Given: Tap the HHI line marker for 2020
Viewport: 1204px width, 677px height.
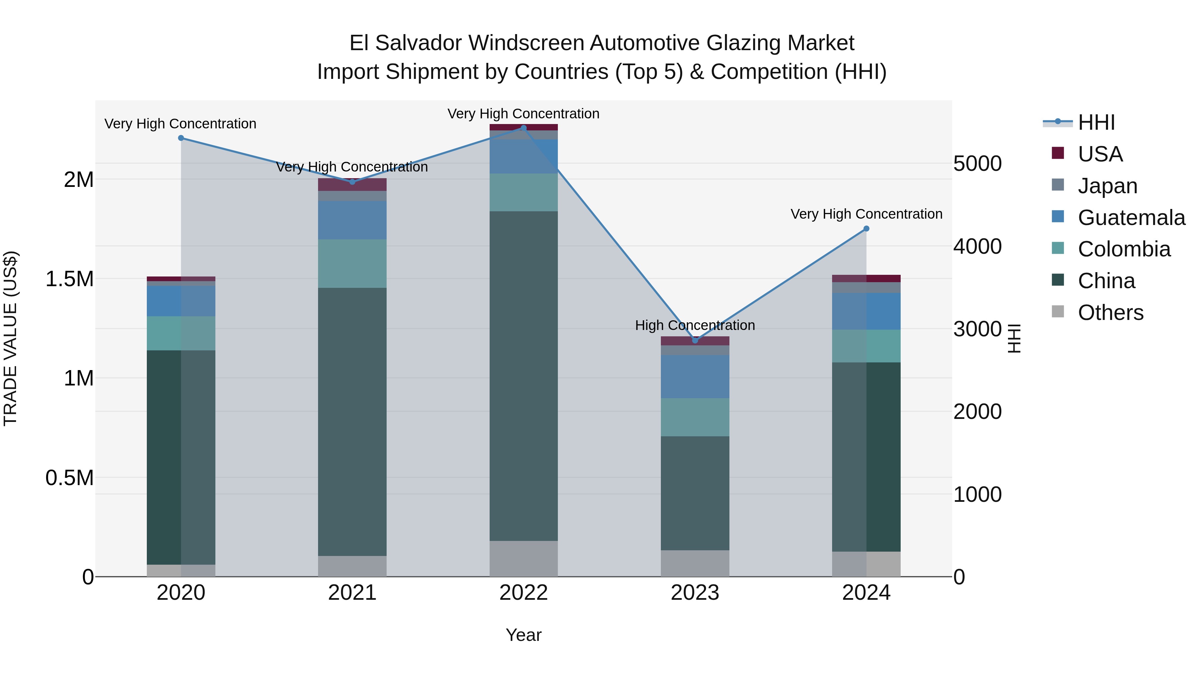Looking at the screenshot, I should pos(181,138).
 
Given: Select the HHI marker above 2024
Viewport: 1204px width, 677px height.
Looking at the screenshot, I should pos(866,228).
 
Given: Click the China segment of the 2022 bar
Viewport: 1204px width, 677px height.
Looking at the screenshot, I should pos(523,376).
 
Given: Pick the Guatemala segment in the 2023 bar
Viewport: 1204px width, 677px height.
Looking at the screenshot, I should pos(695,376).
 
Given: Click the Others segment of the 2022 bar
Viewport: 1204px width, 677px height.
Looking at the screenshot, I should pos(523,558).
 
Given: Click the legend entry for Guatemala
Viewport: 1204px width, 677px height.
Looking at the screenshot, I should pos(1131,218).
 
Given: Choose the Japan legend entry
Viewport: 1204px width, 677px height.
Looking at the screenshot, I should pos(1107,186).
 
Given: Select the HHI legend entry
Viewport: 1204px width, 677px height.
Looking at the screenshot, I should pos(1096,122).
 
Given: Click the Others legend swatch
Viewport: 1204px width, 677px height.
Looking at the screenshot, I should pos(1058,312).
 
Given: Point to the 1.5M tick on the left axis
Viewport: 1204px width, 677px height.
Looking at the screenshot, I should pos(70,279).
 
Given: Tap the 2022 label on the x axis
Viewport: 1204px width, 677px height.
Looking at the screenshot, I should pos(523,593).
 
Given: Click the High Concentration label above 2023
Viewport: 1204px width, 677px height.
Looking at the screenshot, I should pos(695,325).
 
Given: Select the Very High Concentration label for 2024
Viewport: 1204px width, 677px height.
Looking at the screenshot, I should pos(866,214).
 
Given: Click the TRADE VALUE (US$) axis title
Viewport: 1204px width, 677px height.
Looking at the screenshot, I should pos(10,338).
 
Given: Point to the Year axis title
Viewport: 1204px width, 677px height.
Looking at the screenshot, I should pos(523,635).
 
